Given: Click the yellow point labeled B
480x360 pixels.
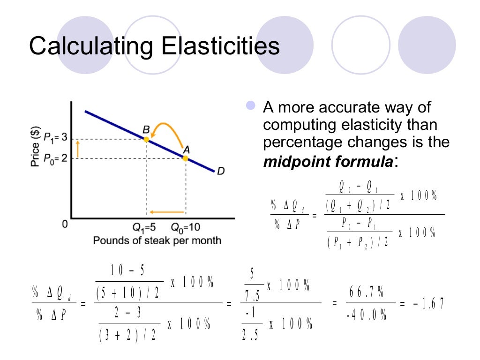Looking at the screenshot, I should click(x=146, y=139).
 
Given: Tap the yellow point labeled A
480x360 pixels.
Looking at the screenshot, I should click(x=185, y=158).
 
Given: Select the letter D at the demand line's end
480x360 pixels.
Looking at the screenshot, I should click(x=220, y=172).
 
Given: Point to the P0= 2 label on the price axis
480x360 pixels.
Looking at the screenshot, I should click(x=55, y=158).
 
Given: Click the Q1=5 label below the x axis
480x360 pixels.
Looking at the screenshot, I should click(x=144, y=228).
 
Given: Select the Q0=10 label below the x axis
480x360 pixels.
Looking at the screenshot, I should click(x=185, y=228).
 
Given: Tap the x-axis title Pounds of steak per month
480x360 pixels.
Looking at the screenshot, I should click(x=157, y=241).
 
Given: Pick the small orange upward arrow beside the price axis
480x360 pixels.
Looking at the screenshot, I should click(x=79, y=149).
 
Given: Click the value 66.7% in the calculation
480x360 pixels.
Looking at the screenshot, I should click(x=366, y=293).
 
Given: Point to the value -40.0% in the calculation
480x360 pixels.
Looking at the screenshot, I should click(x=366, y=315).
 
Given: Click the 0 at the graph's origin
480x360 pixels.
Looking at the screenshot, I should click(x=65, y=225).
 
